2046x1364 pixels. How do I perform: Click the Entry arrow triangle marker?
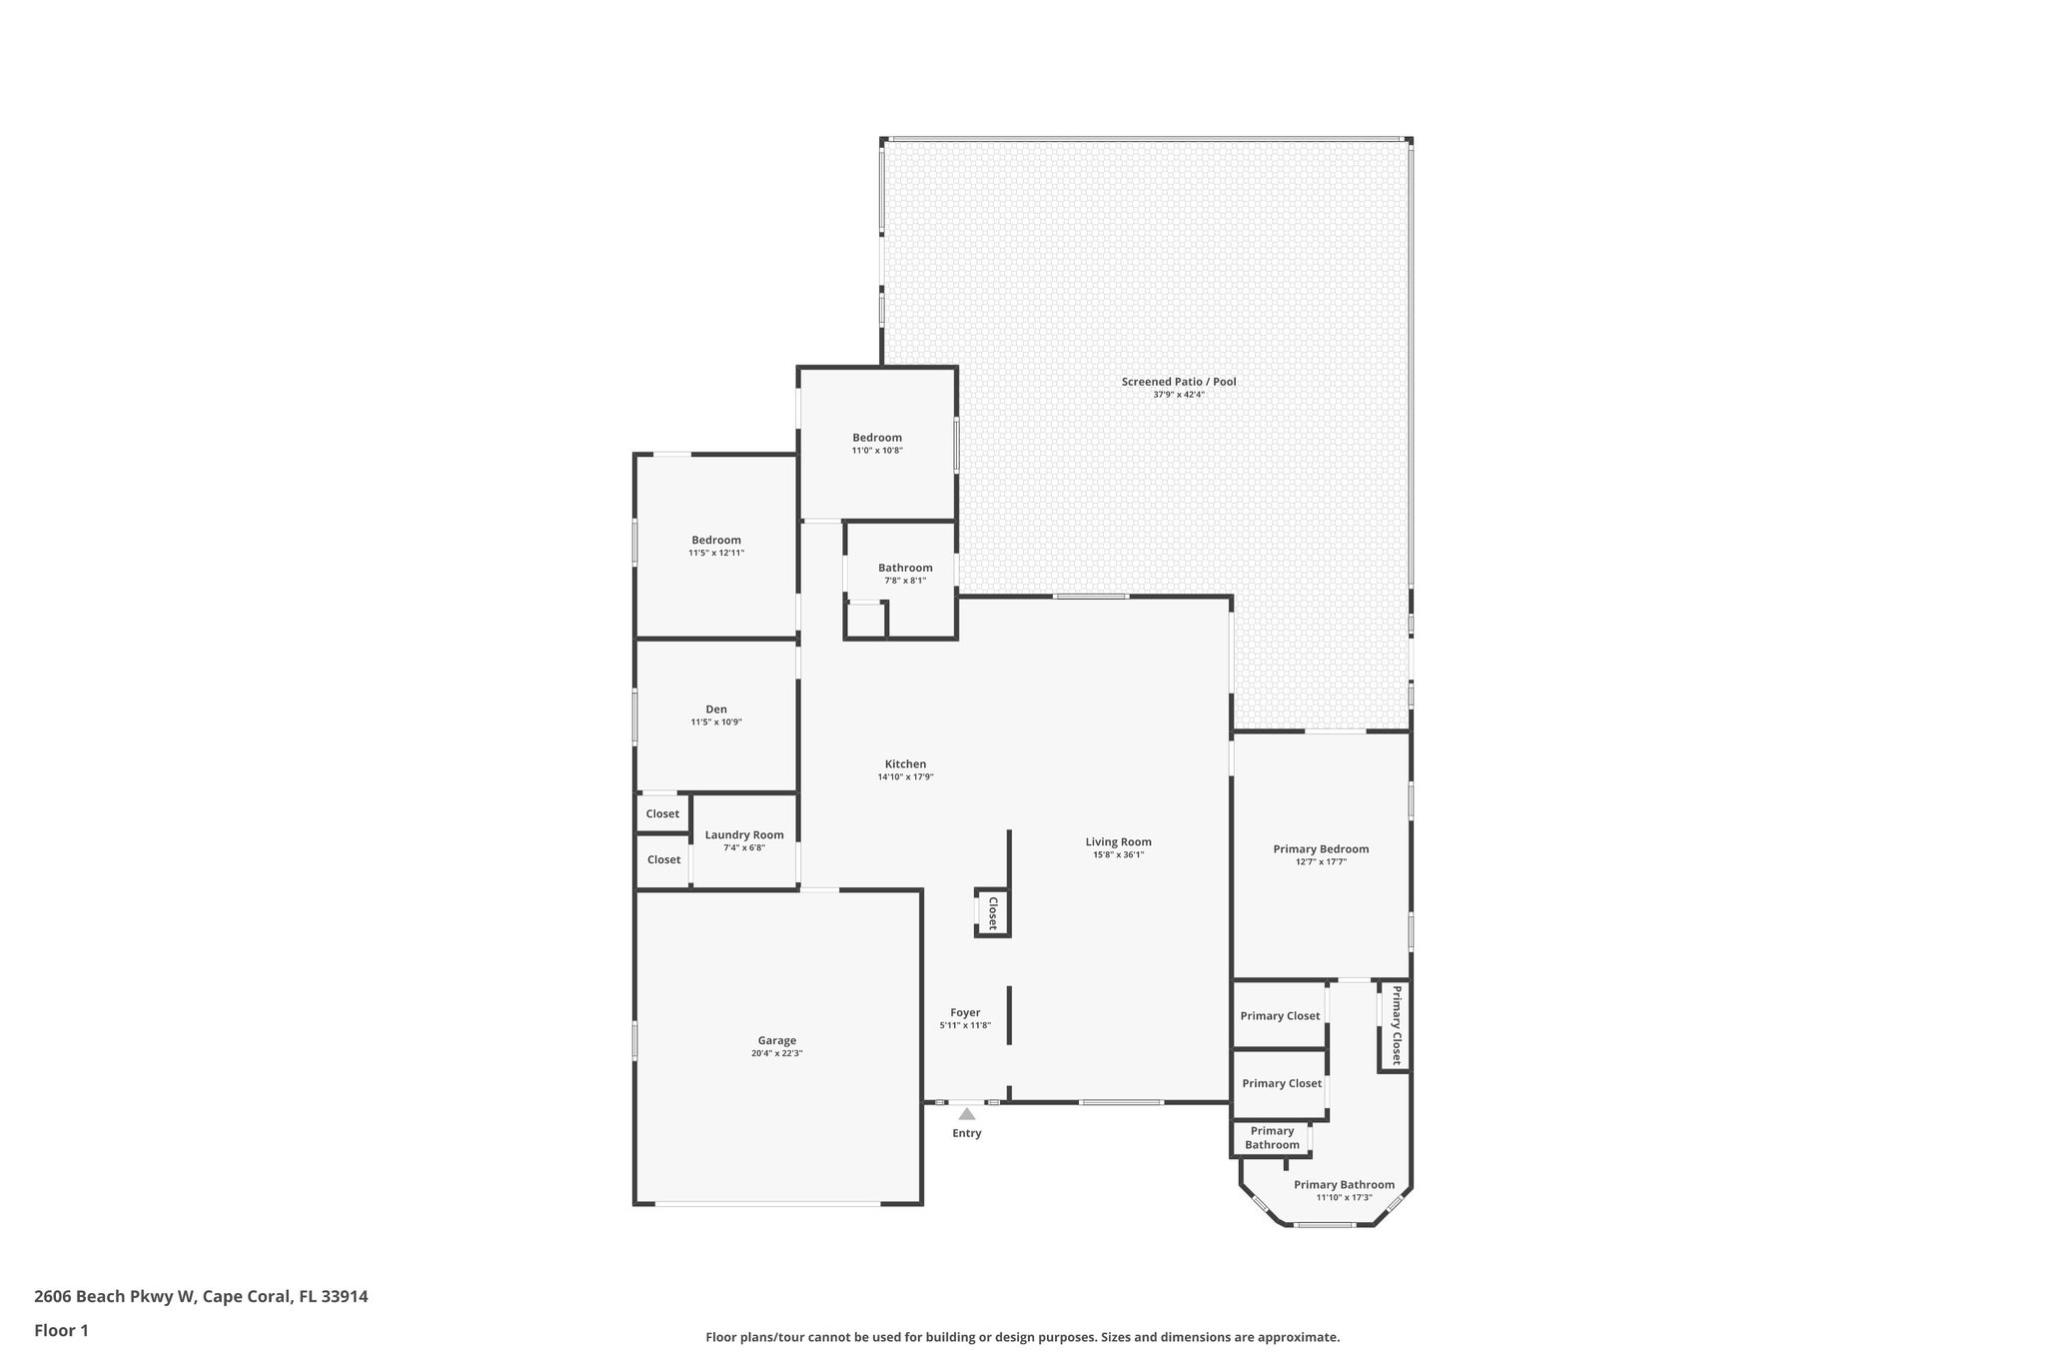966,1113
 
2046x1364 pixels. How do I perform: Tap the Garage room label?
776,1040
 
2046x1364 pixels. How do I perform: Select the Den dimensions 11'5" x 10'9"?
716,722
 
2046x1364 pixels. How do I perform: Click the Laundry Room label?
744,835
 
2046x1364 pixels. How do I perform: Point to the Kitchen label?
905,764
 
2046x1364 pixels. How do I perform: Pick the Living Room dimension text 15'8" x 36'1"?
1119,854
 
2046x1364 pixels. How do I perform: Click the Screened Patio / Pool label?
1179,382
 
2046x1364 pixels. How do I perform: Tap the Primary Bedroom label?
1321,849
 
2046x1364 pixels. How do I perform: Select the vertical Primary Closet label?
1397,1025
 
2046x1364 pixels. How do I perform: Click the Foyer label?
965,1012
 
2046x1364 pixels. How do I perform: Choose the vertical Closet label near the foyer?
993,913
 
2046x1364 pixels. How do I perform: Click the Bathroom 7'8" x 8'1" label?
905,568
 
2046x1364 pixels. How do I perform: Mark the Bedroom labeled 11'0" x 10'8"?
877,438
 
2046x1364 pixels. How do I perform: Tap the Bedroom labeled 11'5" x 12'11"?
716,541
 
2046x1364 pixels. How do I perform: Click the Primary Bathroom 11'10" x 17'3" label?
1344,1185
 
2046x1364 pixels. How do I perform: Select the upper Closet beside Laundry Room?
662,814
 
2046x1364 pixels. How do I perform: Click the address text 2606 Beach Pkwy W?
201,1297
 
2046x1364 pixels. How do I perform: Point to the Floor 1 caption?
62,1330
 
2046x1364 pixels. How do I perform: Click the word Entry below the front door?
966,1133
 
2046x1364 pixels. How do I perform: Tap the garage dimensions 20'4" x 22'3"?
776,1053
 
